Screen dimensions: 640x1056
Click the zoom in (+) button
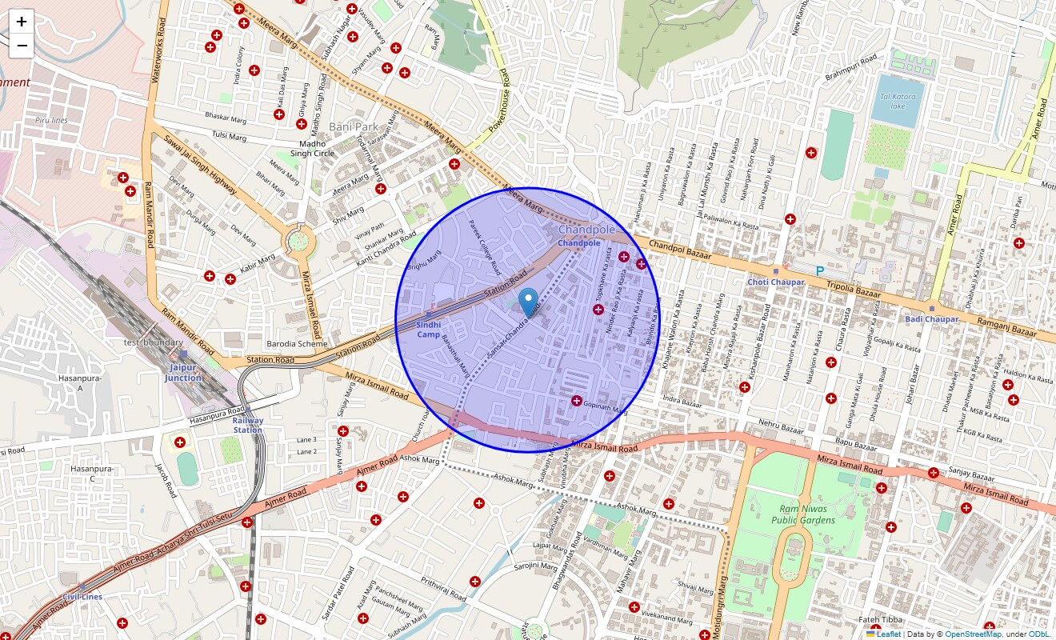point(22,22)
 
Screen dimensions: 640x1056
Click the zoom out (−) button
point(22,46)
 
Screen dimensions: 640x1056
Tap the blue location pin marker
point(528,302)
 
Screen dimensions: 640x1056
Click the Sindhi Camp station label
point(429,330)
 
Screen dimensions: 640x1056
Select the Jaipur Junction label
point(183,373)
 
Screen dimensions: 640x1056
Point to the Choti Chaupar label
point(775,282)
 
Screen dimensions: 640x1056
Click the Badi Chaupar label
point(932,319)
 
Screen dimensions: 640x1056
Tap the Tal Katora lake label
point(898,101)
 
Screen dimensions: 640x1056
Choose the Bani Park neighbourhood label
point(353,127)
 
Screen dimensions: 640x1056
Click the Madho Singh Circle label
point(312,148)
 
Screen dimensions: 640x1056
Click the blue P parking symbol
point(820,272)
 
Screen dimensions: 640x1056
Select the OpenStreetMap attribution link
point(973,634)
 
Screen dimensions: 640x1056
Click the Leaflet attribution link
point(888,634)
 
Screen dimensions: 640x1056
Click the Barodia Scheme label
point(297,344)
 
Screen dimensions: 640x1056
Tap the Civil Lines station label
point(82,597)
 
